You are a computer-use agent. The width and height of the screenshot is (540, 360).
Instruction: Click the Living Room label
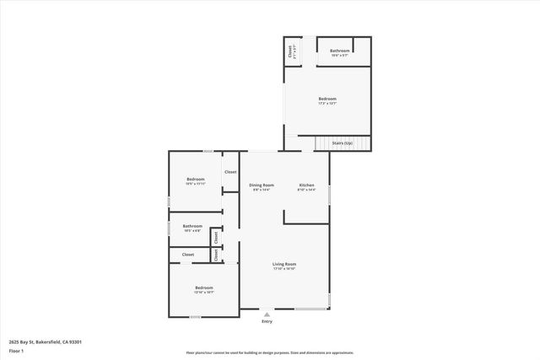tap(284, 264)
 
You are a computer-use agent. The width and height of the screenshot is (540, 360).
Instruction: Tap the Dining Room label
tap(262, 185)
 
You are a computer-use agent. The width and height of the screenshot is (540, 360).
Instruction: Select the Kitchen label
tap(306, 185)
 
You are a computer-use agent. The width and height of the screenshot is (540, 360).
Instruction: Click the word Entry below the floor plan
tap(267, 321)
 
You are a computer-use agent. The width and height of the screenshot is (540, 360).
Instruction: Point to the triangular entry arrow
tap(267, 314)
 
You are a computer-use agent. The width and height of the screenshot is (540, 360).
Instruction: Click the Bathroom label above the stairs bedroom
tap(340, 51)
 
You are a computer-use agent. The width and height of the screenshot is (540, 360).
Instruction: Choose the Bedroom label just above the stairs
tap(327, 99)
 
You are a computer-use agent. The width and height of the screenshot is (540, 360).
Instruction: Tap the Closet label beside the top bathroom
tap(291, 51)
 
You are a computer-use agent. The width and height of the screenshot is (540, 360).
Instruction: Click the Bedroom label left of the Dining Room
tap(196, 179)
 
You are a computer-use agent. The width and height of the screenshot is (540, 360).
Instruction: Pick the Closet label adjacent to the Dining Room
tap(230, 172)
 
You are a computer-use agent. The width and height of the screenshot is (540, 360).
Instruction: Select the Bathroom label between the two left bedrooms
tap(192, 226)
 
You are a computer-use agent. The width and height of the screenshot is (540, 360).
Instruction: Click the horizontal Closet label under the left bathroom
tap(188, 254)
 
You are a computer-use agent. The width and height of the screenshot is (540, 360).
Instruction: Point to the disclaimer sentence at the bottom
tap(270, 352)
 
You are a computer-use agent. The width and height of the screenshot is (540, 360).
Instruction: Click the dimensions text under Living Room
tap(284, 269)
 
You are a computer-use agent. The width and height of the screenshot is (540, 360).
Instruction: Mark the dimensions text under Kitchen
tap(306, 190)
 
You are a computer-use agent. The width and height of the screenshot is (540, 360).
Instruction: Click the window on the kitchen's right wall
tap(329, 195)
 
